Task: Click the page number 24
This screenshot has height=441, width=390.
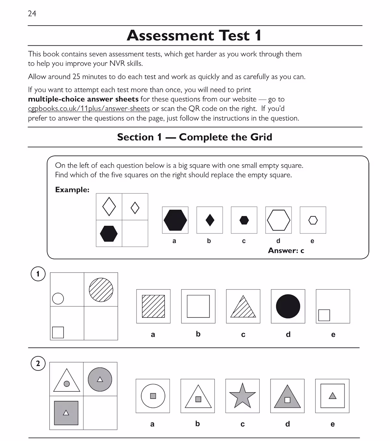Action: coord(32,14)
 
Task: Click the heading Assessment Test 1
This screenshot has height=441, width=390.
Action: coord(194,35)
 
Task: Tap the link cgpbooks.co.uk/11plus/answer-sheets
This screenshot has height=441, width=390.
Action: coord(89,108)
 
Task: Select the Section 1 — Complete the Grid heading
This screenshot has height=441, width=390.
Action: coord(194,137)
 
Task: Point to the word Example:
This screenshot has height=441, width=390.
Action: coord(72,190)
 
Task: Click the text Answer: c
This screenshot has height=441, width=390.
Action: coord(286,250)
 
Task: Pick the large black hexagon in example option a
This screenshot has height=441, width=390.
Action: coord(175,220)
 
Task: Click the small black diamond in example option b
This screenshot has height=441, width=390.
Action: coord(210,220)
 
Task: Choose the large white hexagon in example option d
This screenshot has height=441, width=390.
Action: coord(279,220)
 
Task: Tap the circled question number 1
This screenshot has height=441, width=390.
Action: coord(38,274)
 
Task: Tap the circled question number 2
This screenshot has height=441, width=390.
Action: coord(38,363)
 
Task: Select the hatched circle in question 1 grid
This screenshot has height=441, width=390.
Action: coord(101,290)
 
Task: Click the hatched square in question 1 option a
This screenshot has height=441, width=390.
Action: coord(153,306)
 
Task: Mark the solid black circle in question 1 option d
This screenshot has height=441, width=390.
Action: coord(288,306)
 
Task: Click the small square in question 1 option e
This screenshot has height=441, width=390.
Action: coord(324,315)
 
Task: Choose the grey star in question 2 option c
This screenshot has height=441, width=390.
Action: coord(242,396)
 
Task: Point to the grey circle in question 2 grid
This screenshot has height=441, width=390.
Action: coord(100,379)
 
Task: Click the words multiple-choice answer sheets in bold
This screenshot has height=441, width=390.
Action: coord(83,99)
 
